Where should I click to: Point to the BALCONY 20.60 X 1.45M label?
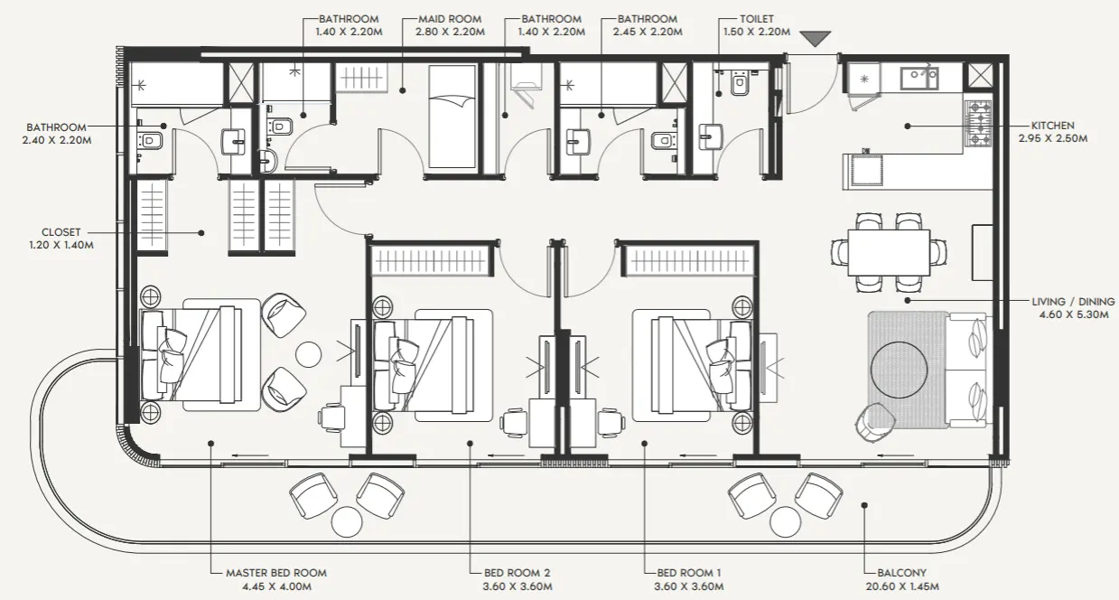click(901, 579)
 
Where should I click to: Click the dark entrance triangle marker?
click(816, 39)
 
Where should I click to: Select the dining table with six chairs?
click(889, 251)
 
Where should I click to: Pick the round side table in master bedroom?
click(311, 355)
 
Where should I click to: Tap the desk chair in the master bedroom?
click(331, 417)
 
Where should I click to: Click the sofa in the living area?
click(969, 370)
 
